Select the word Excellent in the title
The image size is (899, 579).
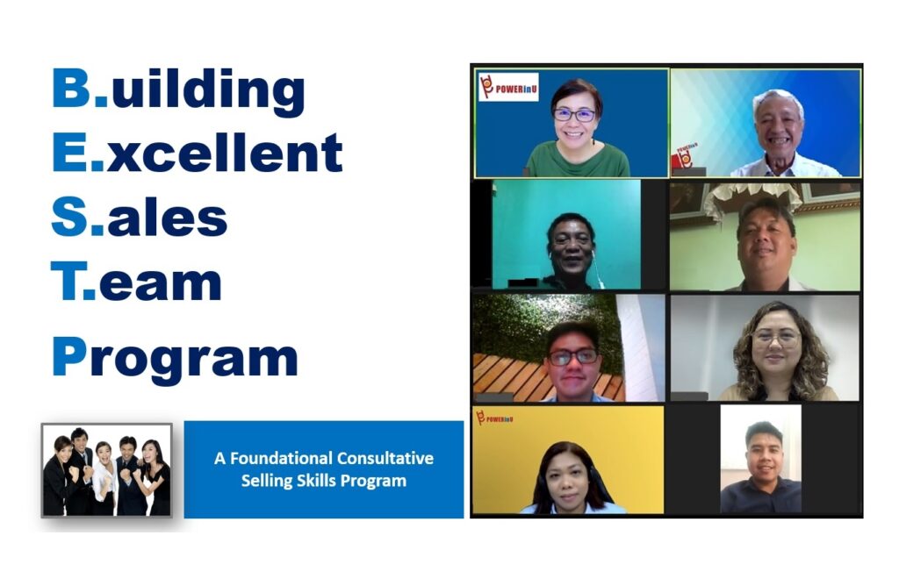click(x=198, y=153)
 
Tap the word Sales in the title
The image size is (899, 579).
click(x=140, y=218)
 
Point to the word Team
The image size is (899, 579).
click(x=136, y=282)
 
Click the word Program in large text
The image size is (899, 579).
click(x=175, y=359)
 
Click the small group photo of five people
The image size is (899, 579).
click(x=106, y=470)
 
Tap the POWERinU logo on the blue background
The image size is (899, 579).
click(x=508, y=87)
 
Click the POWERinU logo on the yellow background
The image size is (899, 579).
click(x=494, y=418)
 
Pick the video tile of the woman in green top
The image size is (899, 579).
click(x=572, y=123)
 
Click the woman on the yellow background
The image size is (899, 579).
click(x=568, y=479)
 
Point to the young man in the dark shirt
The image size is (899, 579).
click(x=761, y=469)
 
